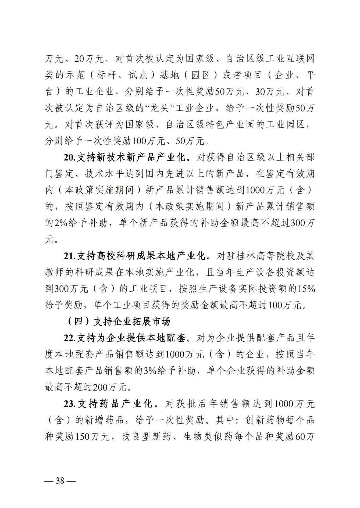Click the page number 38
click(x=60, y=480)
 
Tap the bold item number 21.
click(x=69, y=256)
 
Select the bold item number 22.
click(x=69, y=338)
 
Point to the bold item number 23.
click(x=70, y=404)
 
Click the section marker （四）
click(x=78, y=322)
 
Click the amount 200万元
click(x=109, y=387)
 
